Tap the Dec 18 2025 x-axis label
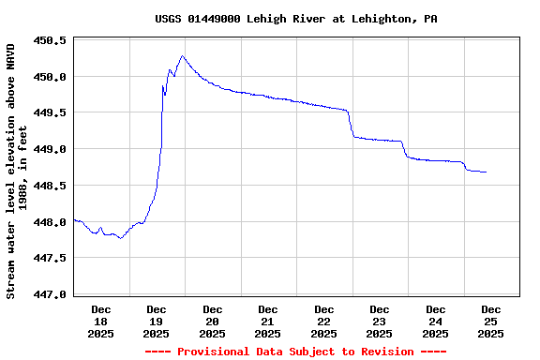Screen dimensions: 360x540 [x=101, y=321]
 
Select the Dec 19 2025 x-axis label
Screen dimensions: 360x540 [x=157, y=321]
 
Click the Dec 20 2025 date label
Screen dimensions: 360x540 [x=213, y=321]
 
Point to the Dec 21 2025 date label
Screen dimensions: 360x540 [x=268, y=321]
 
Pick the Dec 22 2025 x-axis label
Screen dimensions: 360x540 [x=324, y=321]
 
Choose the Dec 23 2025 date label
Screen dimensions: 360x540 [x=380, y=321]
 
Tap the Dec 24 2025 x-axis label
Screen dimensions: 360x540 [x=436, y=321]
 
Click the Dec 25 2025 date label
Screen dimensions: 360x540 [x=491, y=321]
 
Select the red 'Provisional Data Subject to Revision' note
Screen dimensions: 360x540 [x=295, y=352]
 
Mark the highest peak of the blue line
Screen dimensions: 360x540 [x=183, y=56]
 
